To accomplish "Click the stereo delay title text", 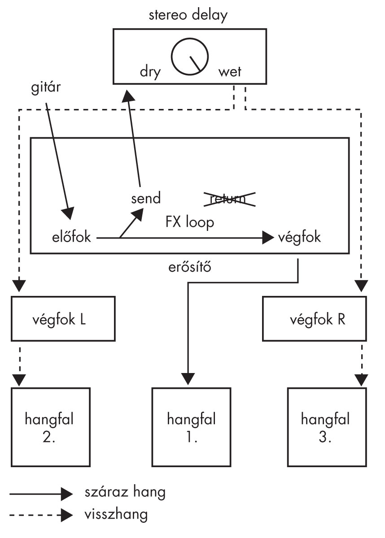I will (x=189, y=16).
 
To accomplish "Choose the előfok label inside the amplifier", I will (x=72, y=238).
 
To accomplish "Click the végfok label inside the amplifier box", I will (x=299, y=238).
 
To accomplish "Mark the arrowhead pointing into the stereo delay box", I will (x=128, y=95).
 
